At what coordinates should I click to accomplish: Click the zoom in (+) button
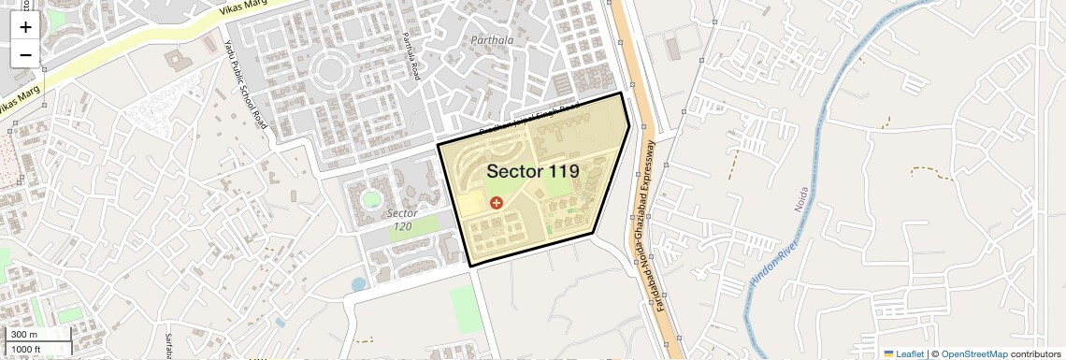[25, 27]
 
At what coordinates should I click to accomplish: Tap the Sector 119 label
[532, 171]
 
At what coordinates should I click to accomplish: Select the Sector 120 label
[403, 219]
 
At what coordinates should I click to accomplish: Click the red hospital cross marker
[496, 202]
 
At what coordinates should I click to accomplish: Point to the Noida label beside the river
[800, 199]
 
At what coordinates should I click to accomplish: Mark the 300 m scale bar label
[24, 335]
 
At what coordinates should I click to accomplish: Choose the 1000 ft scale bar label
[26, 349]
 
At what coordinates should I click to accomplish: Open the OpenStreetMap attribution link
[974, 353]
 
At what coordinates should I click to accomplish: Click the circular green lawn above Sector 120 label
[372, 199]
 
